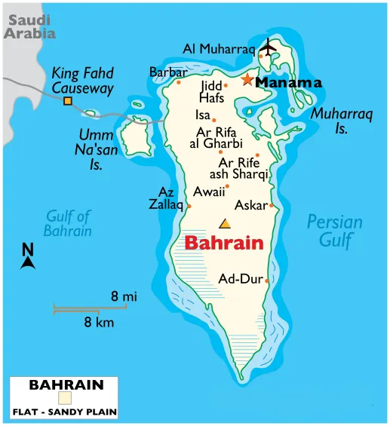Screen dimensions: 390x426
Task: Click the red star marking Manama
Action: (247, 79)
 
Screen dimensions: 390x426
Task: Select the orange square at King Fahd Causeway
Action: (67, 101)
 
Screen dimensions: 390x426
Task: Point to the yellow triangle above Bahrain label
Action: (224, 223)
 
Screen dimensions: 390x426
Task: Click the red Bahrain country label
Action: (224, 244)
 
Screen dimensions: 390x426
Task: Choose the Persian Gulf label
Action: (334, 231)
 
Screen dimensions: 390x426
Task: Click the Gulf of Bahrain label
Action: (68, 223)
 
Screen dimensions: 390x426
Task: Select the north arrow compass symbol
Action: (28, 257)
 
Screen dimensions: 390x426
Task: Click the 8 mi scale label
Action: (124, 297)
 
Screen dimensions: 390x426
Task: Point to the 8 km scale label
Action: (99, 323)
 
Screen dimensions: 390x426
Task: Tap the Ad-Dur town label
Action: (240, 279)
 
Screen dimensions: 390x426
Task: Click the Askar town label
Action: (250, 205)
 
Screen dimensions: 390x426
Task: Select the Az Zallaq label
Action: (166, 198)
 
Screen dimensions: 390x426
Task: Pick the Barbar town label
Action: (167, 72)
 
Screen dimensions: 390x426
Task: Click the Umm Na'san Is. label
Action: (96, 149)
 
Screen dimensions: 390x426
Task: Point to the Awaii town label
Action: (208, 192)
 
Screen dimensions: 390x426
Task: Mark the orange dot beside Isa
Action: (214, 120)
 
